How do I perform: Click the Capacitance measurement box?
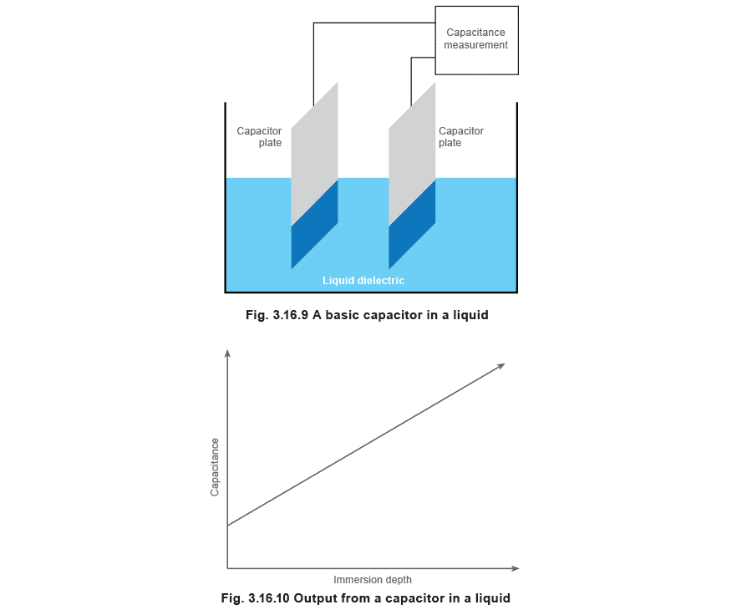click(476, 40)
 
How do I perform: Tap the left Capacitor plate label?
click(259, 137)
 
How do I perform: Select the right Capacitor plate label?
click(461, 137)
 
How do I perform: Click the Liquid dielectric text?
click(363, 281)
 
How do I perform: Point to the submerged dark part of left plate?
click(315, 225)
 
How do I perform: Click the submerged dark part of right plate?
click(412, 225)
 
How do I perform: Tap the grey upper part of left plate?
click(315, 154)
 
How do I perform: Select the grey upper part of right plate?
click(412, 154)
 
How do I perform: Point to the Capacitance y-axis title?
click(215, 467)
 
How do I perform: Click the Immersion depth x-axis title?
click(373, 580)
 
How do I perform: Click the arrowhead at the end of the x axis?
click(516, 568)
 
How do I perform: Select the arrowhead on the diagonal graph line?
click(501, 366)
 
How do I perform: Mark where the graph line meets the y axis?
click(227, 526)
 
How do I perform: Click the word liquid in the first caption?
click(472, 315)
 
